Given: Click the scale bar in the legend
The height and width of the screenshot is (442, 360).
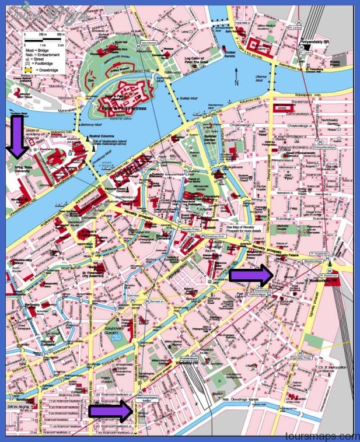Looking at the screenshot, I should [x=44, y=39].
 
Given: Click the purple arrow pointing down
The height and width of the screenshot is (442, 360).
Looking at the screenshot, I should [x=18, y=136].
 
